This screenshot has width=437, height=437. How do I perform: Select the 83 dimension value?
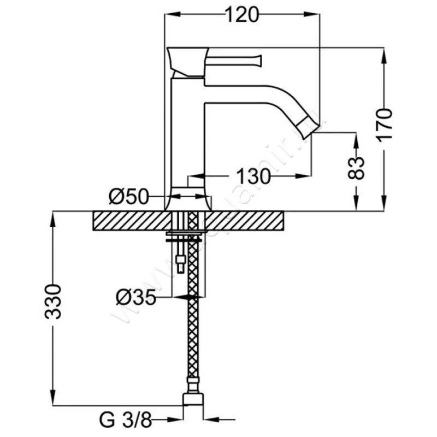pos(356,169)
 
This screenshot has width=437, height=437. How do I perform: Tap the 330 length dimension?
pos(52,301)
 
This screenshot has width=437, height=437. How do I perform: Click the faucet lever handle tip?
pos(258,57)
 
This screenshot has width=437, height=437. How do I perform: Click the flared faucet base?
pos(187,200)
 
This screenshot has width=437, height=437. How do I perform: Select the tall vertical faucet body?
pos(187,137)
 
